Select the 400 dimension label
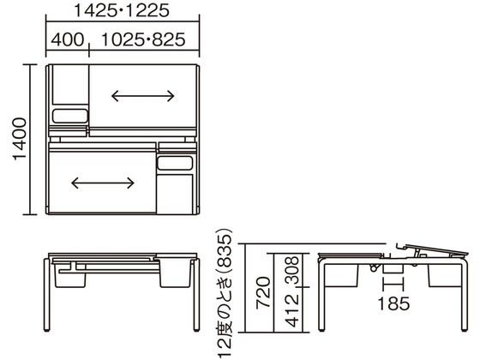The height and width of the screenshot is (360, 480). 66,39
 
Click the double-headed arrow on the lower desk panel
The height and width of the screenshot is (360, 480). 103,182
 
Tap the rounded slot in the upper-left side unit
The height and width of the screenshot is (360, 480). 69,114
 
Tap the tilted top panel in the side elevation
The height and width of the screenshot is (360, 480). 433,249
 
